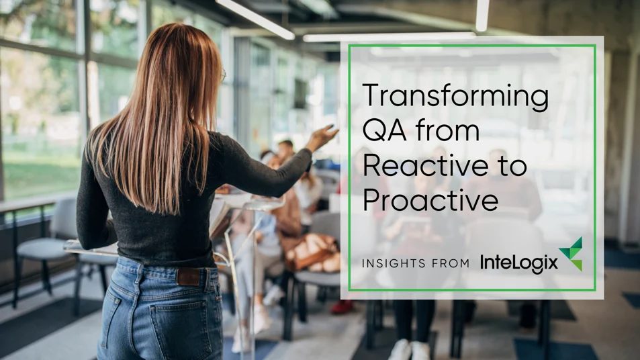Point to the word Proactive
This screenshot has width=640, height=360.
tap(430, 200)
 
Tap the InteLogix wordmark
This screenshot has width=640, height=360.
tap(518, 262)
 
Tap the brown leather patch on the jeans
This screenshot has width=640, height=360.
tap(188, 276)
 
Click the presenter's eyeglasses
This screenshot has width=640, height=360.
tap(223, 75)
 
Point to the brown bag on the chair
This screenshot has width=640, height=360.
tap(313, 253)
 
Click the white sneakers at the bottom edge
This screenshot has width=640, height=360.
tap(410, 350)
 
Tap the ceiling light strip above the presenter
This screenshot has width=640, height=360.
tap(255, 18)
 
